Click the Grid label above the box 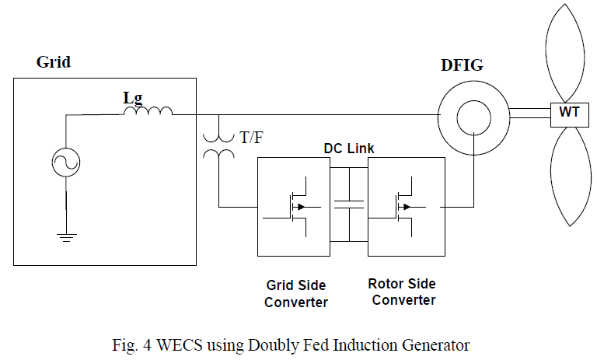[53, 62]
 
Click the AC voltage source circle [65, 163]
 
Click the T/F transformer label [251, 138]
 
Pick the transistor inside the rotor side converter [402, 206]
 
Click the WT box [566, 114]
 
